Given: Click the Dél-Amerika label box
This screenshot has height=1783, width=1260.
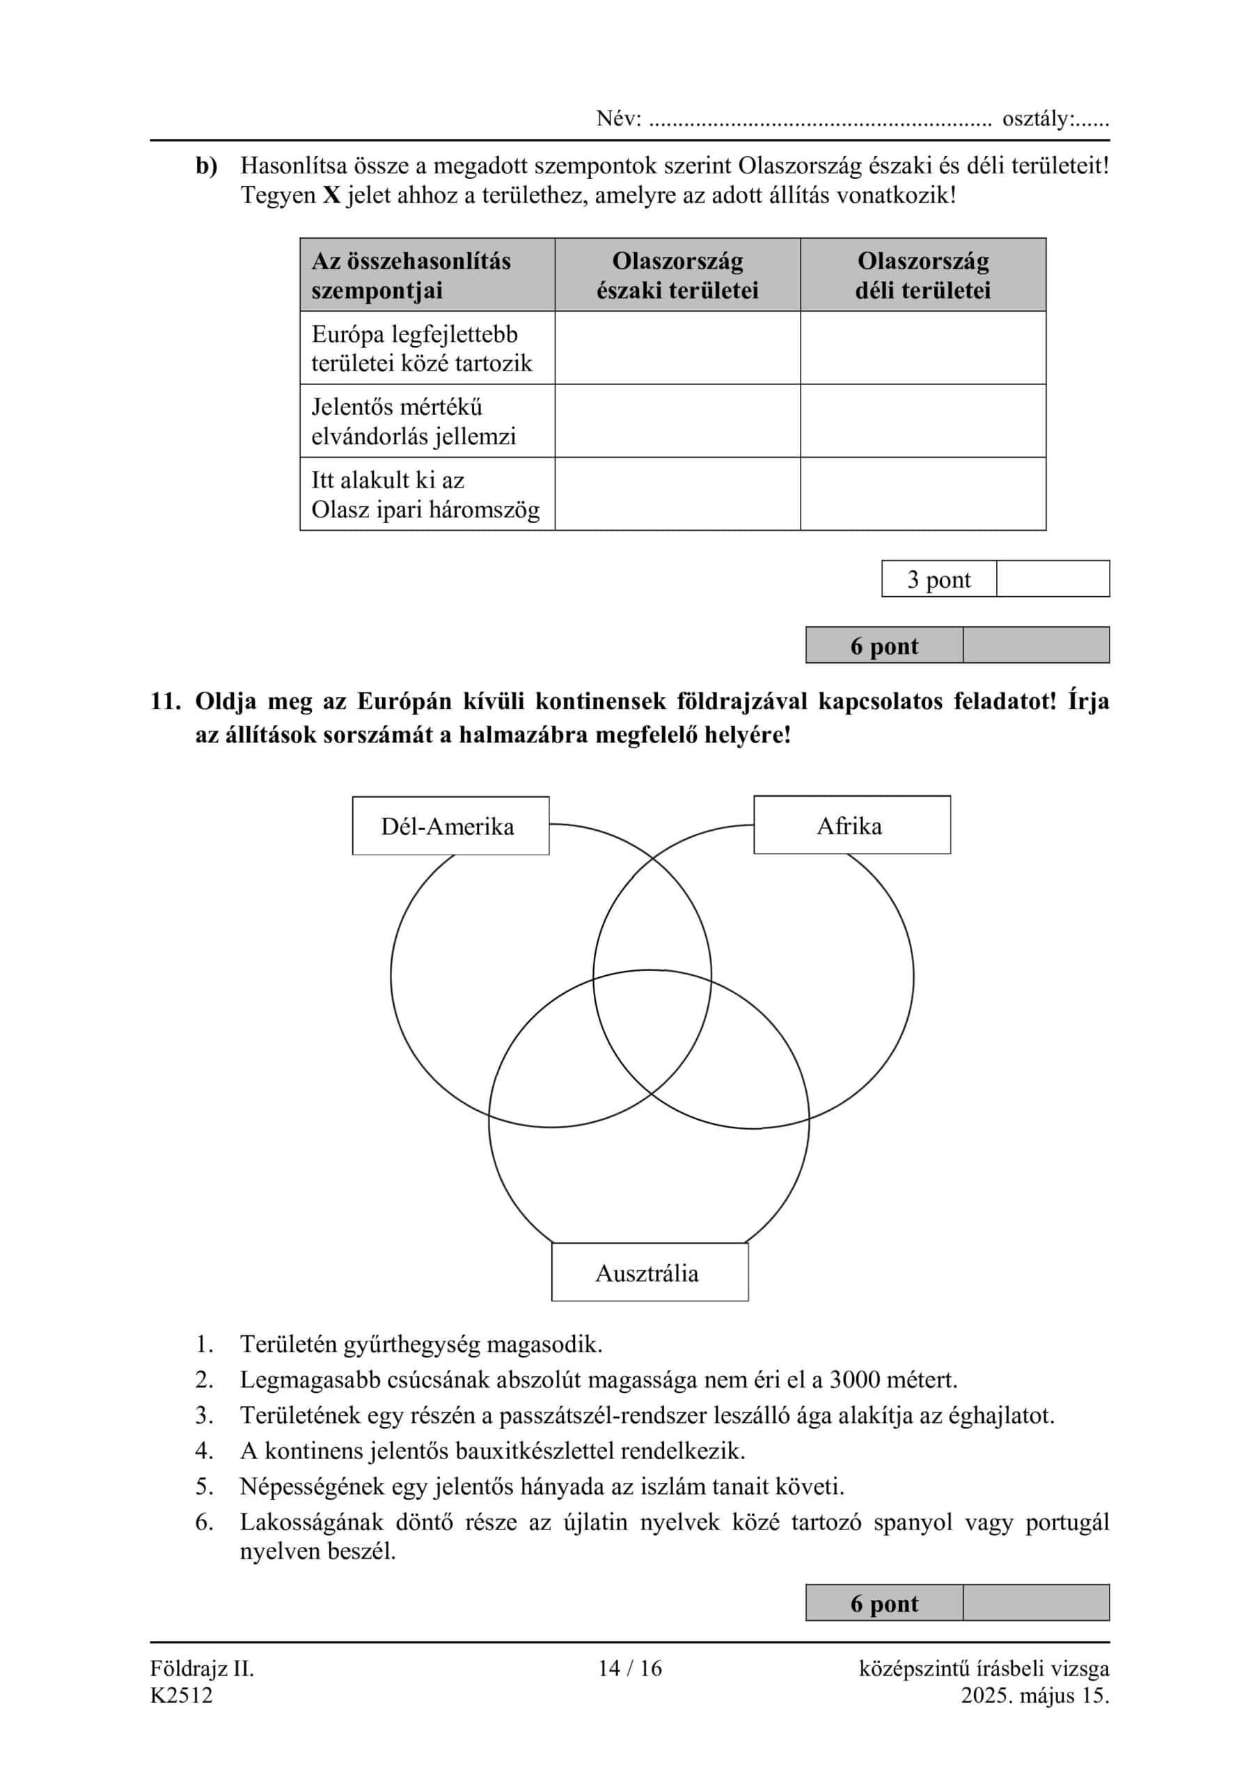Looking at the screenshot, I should pyautogui.click(x=450, y=825).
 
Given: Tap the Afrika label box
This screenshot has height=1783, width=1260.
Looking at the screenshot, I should pyautogui.click(x=851, y=825).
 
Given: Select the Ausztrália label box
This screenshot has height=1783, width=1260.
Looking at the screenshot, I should pyautogui.click(x=649, y=1272).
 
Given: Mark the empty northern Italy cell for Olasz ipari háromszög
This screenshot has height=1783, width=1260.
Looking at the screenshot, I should pyautogui.click(x=677, y=494).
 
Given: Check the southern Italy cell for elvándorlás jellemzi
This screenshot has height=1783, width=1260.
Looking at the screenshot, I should pyautogui.click(x=922, y=421).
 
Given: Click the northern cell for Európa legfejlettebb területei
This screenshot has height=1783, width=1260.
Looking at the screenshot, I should pyautogui.click(x=677, y=348).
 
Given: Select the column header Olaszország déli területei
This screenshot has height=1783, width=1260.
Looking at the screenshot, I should pyautogui.click(x=922, y=275).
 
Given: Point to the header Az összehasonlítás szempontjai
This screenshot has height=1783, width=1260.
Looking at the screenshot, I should pyautogui.click(x=411, y=275).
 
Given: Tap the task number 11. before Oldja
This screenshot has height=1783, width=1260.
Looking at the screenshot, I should pyautogui.click(x=164, y=701).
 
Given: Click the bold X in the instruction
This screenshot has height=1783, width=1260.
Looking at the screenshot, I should pyautogui.click(x=331, y=195).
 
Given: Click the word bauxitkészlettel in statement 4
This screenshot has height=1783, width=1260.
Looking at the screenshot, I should pyautogui.click(x=536, y=1451).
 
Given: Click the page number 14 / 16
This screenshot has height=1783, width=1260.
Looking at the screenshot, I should pyautogui.click(x=629, y=1669).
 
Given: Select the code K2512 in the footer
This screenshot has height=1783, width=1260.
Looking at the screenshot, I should pyautogui.click(x=181, y=1695).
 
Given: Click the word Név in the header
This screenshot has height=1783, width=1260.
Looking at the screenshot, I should pyautogui.click(x=616, y=119).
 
